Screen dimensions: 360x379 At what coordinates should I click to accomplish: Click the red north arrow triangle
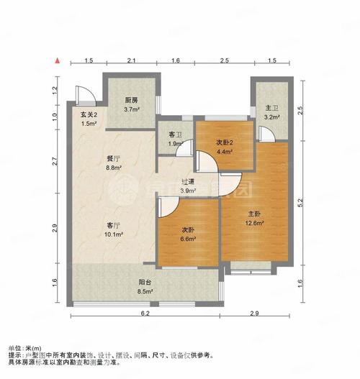pos(58,60)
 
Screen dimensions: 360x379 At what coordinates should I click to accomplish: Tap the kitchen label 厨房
pos(132,100)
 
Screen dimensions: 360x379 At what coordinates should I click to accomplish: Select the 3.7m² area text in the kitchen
pos(132,109)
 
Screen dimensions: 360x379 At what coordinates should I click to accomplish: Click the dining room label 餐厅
pos(114,159)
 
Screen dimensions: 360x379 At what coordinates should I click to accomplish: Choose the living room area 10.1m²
pos(114,234)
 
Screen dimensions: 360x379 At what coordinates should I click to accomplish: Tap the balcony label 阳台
pos(145,282)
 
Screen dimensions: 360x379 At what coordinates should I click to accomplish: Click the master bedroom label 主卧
pos(254,214)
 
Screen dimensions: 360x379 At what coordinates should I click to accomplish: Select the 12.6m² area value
pos(254,223)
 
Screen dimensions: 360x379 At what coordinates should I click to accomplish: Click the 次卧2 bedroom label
pos(225,142)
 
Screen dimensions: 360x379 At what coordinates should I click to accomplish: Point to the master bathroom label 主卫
pos(272,108)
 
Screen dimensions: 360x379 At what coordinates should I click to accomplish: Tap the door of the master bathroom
pos(266,134)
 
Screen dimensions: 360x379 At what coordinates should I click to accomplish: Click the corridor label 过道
pos(188,181)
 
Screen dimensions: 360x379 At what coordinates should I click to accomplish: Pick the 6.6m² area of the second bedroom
pos(188,239)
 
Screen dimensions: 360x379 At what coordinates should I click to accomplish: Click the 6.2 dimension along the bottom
pos(145,314)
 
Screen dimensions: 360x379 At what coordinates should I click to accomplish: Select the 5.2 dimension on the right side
pos(300,203)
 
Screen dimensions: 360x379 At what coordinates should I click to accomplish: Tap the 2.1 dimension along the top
pos(131,60)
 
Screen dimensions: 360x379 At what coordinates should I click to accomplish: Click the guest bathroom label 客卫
pos(175,134)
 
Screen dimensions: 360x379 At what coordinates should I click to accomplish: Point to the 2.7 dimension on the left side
pos(55,161)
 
